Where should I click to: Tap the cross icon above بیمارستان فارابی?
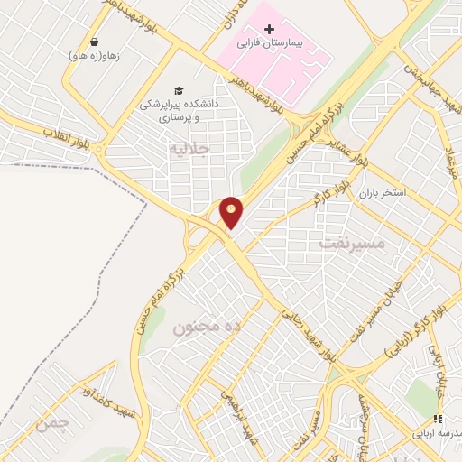[269, 29]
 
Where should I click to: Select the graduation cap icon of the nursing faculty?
[179, 91]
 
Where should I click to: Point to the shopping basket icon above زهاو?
[94, 41]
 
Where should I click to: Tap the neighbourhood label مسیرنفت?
[352, 243]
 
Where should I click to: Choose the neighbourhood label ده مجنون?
[212, 325]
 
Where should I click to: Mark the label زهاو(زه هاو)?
[94, 55]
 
